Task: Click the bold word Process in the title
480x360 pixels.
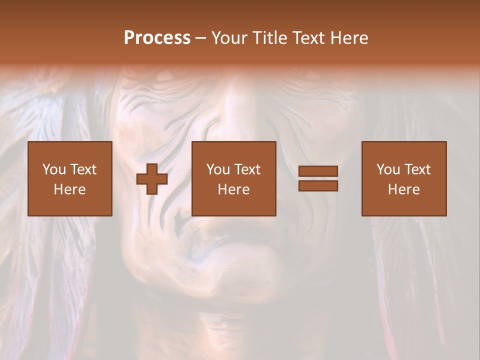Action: pos(157,37)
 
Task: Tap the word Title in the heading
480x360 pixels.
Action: pos(268,37)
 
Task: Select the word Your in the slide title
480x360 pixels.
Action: pos(230,37)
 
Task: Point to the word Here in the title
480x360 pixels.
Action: pos(349,37)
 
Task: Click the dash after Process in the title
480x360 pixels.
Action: pos(201,38)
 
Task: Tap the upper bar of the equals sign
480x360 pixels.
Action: pos(318,171)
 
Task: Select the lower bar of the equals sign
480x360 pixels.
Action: pos(318,185)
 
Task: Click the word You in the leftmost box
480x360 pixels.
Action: pos(54,169)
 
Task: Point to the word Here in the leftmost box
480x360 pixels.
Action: pos(69,189)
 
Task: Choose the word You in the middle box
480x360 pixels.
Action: pos(218,169)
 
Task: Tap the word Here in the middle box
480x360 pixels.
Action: pos(233,189)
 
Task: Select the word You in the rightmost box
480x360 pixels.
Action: pos(388,169)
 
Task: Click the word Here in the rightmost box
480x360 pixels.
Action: pos(403,189)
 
